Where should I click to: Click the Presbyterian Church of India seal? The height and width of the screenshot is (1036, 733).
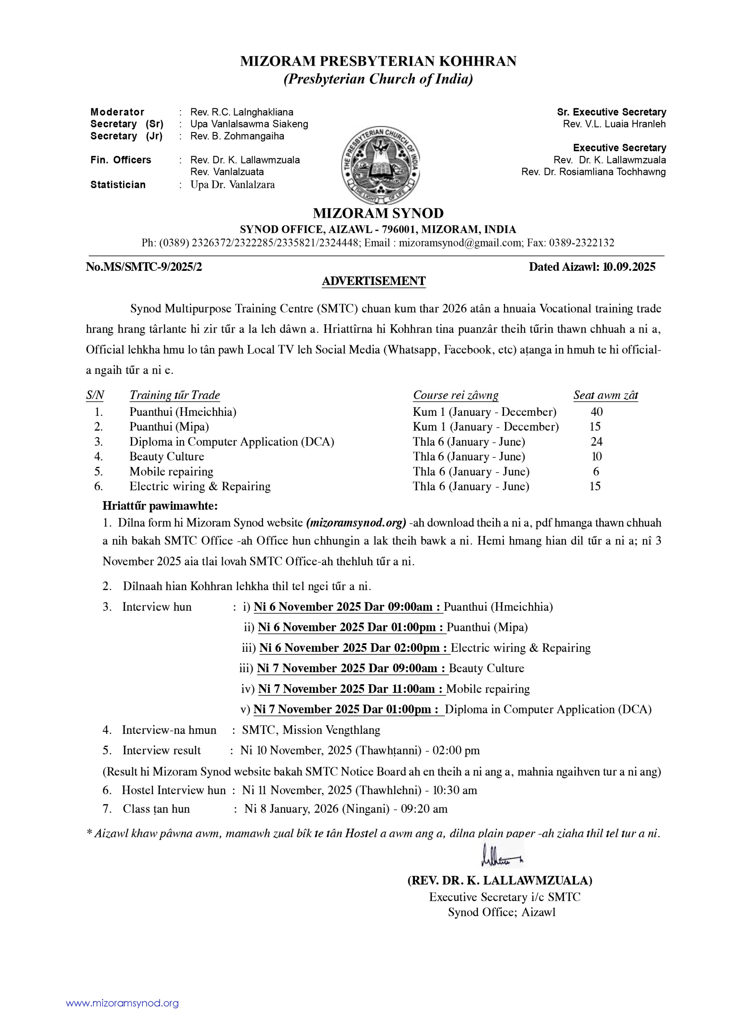[380, 165]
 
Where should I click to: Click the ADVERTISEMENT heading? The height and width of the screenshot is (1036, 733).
[373, 281]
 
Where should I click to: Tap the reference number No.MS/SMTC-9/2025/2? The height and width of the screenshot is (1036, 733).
[144, 267]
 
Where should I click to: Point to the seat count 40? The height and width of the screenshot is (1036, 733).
[596, 412]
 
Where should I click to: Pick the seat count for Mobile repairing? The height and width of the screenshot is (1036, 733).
[596, 471]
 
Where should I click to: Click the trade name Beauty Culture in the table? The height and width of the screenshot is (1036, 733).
[167, 457]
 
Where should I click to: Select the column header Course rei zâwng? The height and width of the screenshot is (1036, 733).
[456, 395]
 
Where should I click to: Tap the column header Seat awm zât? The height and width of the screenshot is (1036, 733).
[605, 395]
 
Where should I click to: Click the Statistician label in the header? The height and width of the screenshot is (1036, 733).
[118, 185]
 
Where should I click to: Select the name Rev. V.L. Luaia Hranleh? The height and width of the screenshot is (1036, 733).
[614, 124]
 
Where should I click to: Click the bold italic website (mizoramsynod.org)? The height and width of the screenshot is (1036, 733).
[356, 523]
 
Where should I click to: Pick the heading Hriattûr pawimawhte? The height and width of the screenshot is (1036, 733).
[160, 505]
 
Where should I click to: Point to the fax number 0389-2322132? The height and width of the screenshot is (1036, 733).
[581, 243]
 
